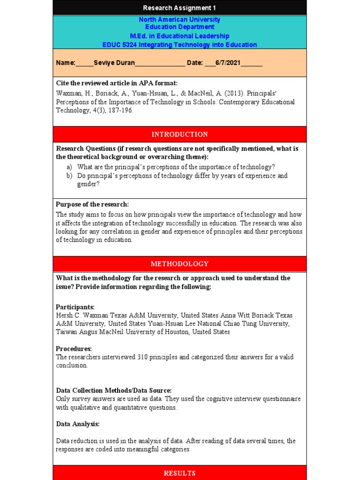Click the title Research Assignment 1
180,8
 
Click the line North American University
180,20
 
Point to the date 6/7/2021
228,63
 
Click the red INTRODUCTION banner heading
180,135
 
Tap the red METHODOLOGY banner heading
180,264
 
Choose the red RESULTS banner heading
180,473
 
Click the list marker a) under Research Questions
69,167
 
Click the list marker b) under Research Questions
69,176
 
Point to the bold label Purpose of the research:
92,204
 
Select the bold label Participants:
75,307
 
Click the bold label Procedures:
74,349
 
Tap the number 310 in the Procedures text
143,357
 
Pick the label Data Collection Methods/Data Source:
114,390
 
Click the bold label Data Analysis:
78,424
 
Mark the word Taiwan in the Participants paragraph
66,332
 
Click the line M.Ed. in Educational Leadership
180,36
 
